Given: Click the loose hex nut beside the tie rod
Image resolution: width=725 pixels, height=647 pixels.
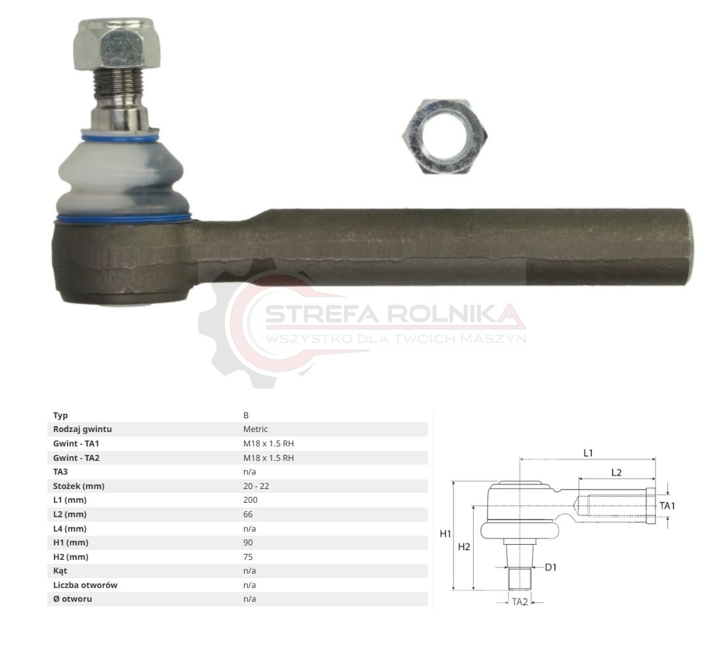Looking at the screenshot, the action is click(x=444, y=136).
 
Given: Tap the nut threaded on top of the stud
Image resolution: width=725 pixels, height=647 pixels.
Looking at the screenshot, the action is click(x=117, y=43).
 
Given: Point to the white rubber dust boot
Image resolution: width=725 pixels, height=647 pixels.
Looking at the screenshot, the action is click(x=123, y=178).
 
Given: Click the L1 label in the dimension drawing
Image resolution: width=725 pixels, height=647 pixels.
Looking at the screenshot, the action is click(x=588, y=453).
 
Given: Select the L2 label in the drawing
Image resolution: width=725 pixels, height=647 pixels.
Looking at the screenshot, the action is click(x=616, y=473).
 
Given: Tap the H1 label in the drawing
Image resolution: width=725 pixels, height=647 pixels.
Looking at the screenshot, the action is click(x=445, y=534).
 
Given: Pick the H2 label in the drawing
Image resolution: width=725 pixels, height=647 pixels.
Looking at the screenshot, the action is click(x=464, y=547).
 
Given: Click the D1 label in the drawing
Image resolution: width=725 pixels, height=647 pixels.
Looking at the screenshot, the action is click(x=550, y=567).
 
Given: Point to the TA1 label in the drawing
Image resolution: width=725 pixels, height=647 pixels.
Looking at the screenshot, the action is click(x=667, y=505).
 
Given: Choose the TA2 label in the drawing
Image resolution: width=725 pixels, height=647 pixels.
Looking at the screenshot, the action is click(x=520, y=602).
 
